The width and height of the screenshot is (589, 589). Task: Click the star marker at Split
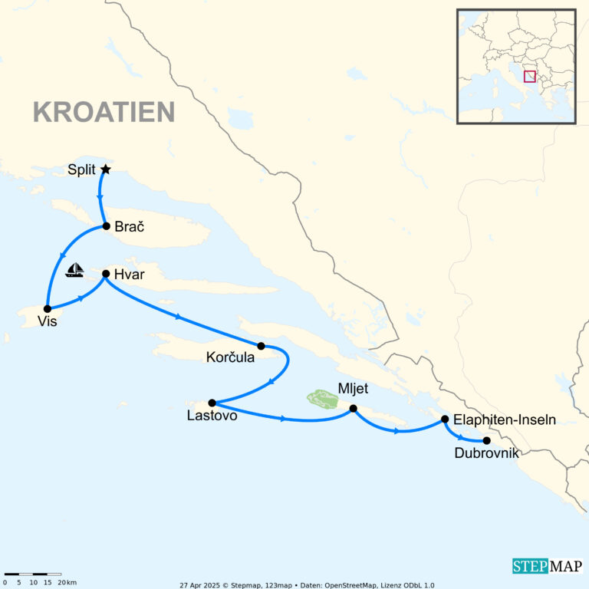pos(106,169)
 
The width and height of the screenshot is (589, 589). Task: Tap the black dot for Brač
pos(107,226)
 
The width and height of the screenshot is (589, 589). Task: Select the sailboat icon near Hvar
pos(74,270)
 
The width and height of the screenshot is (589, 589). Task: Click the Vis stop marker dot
pos(48,308)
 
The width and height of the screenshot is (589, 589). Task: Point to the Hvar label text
pos(129,274)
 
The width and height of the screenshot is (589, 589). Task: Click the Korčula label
pos(230,357)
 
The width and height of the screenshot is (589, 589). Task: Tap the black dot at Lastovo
pos(212,403)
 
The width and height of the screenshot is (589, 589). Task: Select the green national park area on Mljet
pos(323,399)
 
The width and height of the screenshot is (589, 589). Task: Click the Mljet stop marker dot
pos(353,409)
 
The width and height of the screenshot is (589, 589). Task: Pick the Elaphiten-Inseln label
pos(505,420)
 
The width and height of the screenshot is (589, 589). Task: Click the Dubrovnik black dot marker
pos(486,440)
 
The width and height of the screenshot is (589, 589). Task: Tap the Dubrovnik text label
pos(486,454)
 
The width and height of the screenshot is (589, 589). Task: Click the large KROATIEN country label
pos(104,112)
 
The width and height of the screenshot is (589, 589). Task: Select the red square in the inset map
pos(529,76)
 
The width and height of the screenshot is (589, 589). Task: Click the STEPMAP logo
pos(547,566)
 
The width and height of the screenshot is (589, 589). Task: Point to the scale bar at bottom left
pos(32,574)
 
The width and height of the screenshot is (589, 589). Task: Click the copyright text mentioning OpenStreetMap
pos(307,584)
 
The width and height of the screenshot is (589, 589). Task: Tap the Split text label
pos(81,170)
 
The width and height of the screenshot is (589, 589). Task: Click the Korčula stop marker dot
pos(261,346)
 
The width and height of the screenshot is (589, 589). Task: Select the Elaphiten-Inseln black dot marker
pos(445,420)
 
